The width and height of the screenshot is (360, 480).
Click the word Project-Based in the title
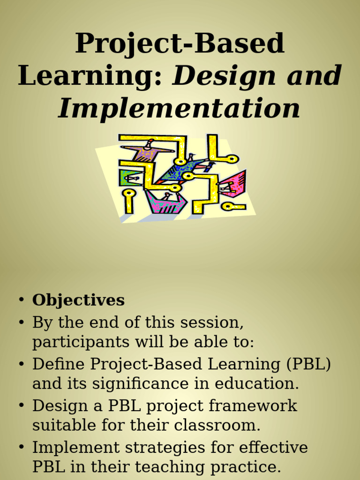pyautogui.click(x=180, y=45)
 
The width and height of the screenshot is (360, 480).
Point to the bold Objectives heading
pyautogui.click(x=78, y=300)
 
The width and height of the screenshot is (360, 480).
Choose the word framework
pyautogui.click(x=253, y=405)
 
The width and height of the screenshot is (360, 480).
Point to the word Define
pyautogui.click(x=59, y=364)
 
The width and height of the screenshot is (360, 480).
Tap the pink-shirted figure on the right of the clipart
pyautogui.click(x=232, y=184)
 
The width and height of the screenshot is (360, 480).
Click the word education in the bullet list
pyautogui.click(x=257, y=384)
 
